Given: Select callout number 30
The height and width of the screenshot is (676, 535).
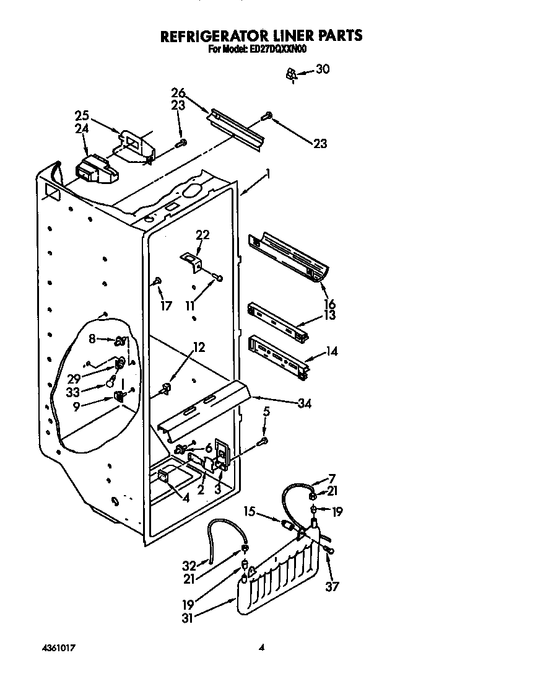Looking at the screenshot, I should point(322,69).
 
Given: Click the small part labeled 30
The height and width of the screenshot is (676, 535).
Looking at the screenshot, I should point(290,75).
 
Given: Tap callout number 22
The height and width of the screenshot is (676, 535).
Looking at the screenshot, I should point(202,235).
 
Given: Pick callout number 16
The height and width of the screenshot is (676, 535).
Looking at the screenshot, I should point(329,304).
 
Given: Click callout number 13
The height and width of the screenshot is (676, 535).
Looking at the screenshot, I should point(329,315).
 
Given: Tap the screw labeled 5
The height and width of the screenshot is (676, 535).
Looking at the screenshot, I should point(263,441).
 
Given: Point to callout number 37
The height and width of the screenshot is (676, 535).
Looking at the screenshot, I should point(333,586).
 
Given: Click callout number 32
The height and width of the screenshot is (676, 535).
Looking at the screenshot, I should point(189,565).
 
